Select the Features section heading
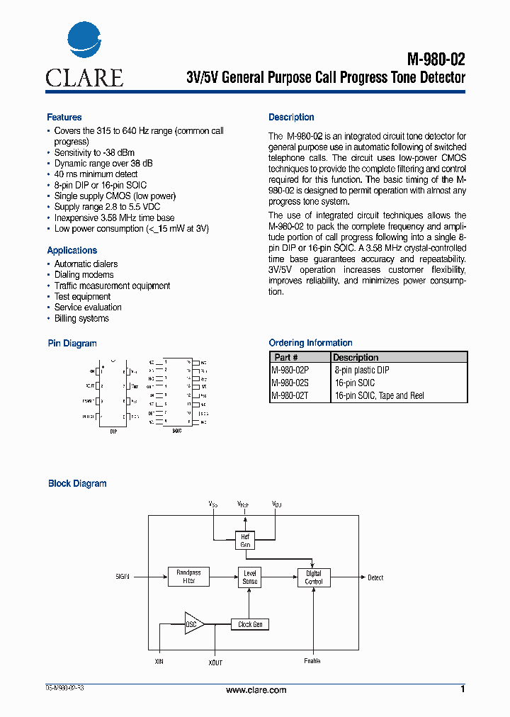64,118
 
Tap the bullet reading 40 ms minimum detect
96,174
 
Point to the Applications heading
72,251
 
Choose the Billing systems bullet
81,319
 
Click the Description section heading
291,118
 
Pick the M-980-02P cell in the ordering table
291,371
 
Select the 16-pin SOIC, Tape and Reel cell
378,396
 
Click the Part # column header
286,358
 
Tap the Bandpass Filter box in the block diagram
188,577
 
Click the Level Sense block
250,577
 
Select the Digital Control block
313,577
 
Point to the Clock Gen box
250,625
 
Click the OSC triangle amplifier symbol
193,624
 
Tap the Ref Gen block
245,541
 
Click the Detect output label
375,578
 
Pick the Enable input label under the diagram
312,662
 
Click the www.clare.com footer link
256,690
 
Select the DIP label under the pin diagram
113,431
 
